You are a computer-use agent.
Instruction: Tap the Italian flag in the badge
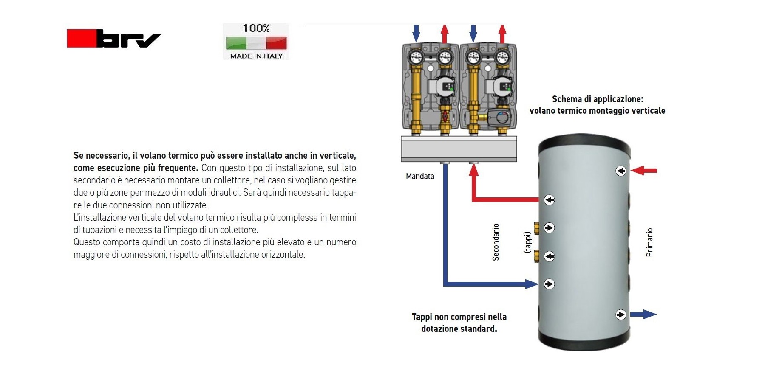[x=256, y=43]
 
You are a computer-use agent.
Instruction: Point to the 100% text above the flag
[x=256, y=28]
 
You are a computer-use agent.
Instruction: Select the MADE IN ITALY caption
[x=256, y=56]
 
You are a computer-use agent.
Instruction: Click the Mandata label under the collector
[x=420, y=176]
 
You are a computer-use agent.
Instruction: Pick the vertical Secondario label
[x=496, y=242]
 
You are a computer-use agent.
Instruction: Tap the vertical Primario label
[x=649, y=242]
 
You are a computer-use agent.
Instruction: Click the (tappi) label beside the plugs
[x=527, y=242]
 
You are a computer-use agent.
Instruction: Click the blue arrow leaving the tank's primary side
[x=643, y=315]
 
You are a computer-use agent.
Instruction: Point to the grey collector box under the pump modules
[x=459, y=149]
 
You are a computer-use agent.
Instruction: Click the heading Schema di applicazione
[x=597, y=99]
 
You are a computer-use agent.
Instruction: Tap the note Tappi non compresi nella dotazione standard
[x=459, y=323]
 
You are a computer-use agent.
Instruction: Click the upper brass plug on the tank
[x=537, y=228]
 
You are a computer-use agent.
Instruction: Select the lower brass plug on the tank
[x=537, y=256]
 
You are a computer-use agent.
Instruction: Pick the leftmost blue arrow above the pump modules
[x=416, y=33]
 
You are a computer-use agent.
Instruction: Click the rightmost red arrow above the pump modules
[x=502, y=34]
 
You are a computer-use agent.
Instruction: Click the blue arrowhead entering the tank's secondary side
[x=532, y=284]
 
